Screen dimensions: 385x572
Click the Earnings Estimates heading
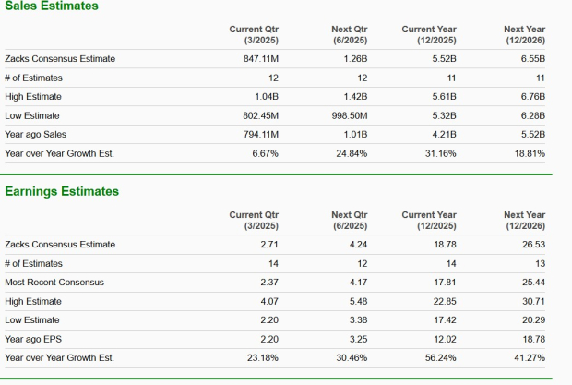click(x=62, y=191)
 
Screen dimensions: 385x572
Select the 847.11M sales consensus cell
click(x=258, y=59)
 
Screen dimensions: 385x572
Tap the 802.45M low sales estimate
click(x=258, y=115)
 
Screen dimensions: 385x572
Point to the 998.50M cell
click(x=350, y=115)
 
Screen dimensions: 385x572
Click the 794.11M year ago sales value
click(x=258, y=135)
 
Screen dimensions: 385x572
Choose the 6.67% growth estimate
click(x=265, y=153)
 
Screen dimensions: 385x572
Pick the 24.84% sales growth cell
click(x=351, y=153)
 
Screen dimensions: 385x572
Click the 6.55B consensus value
click(x=533, y=59)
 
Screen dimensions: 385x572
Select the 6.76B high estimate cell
click(x=533, y=97)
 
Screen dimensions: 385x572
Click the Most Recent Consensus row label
click(x=54, y=282)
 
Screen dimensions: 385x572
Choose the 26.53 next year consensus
click(x=533, y=244)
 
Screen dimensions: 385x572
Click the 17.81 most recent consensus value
click(x=444, y=282)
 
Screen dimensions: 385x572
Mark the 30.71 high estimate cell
click(x=533, y=300)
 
